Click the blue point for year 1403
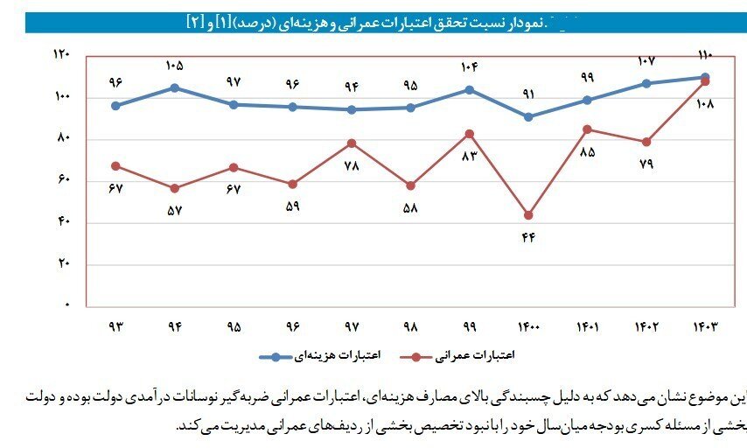coord(705,77)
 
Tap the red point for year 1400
coord(528,215)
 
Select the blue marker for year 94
coord(175,87)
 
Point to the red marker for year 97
coord(352,143)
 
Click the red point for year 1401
coord(587,129)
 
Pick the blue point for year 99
coord(470,89)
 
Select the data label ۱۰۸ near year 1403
coord(705,104)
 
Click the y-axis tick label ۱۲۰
coord(61,54)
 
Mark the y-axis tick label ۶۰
coord(63,180)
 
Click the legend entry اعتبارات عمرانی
coord(481,356)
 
